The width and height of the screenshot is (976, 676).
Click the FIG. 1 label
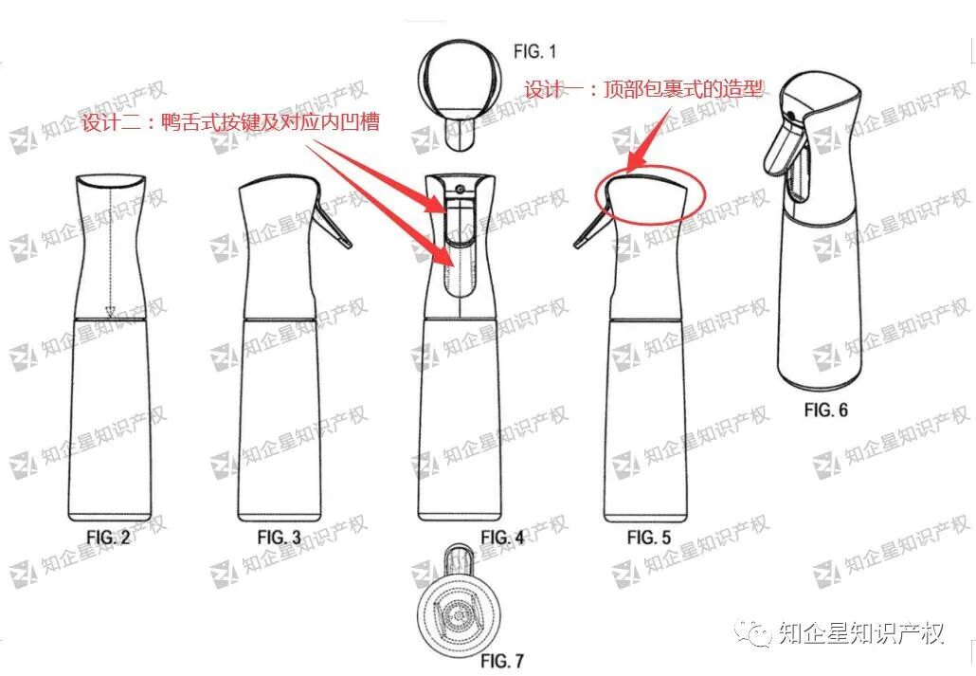click(534, 51)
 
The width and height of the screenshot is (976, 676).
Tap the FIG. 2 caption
click(108, 537)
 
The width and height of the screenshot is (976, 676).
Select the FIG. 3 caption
click(279, 537)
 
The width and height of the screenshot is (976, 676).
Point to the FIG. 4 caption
click(502, 537)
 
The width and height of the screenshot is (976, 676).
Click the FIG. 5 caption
click(648, 537)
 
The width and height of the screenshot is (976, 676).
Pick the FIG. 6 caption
click(825, 410)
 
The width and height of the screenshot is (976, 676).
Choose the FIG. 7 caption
click(502, 661)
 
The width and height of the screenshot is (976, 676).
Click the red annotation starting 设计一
click(643, 89)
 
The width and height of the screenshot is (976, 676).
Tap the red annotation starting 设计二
click(231, 121)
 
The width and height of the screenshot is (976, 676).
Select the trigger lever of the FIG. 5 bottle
click(591, 228)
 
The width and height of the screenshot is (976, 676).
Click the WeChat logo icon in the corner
click(754, 632)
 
